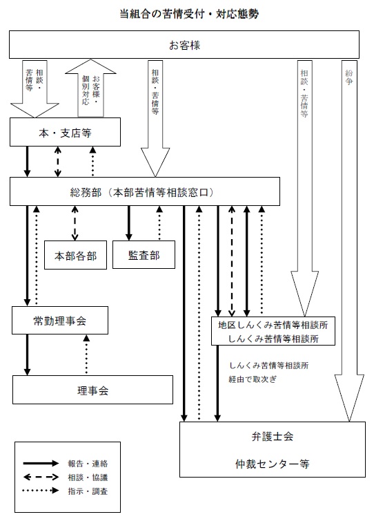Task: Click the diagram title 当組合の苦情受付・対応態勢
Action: (x=189, y=14)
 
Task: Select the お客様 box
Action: (x=184, y=45)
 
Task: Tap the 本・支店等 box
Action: (x=65, y=132)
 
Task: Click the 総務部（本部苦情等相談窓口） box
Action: (x=145, y=191)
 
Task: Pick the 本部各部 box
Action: (x=75, y=255)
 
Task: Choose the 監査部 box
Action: (x=144, y=254)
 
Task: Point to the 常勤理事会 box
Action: (x=60, y=320)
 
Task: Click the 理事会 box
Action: (x=93, y=390)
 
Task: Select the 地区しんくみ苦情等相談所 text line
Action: (x=273, y=325)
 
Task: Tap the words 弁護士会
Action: (x=273, y=436)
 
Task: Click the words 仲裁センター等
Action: (x=273, y=464)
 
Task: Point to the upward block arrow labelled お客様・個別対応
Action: (x=90, y=88)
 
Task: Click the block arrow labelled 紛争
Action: (x=349, y=240)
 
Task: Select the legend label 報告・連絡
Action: (x=88, y=464)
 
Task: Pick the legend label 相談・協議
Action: (x=88, y=478)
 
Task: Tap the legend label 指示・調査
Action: (x=88, y=491)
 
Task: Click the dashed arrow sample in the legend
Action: (x=41, y=478)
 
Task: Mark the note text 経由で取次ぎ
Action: (x=253, y=379)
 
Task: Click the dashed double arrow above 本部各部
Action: (x=75, y=223)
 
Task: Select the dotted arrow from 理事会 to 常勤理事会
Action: (x=86, y=355)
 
